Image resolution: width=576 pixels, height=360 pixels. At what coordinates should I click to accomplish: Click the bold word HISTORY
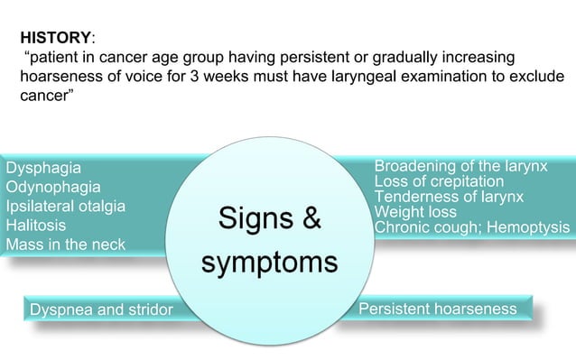coord(55,39)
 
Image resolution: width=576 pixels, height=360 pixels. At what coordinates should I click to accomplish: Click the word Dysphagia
coord(43,168)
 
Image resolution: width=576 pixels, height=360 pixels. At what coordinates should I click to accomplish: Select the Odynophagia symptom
coord(53,187)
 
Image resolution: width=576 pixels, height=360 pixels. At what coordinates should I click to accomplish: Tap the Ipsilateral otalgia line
coord(66,206)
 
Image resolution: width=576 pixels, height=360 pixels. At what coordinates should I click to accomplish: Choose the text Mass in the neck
coord(66,245)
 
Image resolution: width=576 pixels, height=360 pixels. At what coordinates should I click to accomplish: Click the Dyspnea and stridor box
coord(100,310)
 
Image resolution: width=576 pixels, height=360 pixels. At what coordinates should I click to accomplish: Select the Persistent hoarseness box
coord(438,309)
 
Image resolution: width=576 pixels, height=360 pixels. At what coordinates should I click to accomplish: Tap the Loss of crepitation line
coord(439,182)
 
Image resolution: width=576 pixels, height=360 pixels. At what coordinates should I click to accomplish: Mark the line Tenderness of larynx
coord(449,198)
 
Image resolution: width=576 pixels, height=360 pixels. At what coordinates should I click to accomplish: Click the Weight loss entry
coord(415,213)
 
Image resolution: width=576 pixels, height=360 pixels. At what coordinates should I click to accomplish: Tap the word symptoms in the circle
coord(269,263)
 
